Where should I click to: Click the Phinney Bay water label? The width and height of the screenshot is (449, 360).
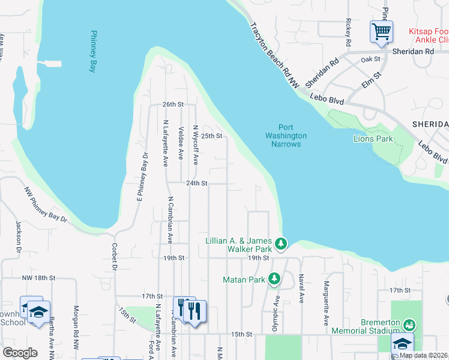[93, 52]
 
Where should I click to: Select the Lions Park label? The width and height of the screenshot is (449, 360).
[373, 139]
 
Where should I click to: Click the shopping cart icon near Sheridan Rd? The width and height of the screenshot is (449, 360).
[381, 31]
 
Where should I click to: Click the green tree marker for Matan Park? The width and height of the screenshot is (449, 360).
[274, 279]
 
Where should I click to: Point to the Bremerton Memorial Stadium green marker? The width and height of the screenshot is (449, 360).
[409, 325]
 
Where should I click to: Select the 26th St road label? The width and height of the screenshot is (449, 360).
[172, 104]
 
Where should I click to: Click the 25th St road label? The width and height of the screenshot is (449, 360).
[211, 136]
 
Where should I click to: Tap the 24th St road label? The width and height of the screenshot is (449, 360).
[196, 183]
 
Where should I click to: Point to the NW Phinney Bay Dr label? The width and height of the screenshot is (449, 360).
[46, 205]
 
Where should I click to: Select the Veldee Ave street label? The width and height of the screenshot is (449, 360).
[181, 143]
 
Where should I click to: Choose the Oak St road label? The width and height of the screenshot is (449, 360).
[371, 59]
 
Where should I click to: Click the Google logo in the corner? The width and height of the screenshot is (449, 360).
[20, 353]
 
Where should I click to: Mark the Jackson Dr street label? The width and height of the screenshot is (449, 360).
[19, 235]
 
